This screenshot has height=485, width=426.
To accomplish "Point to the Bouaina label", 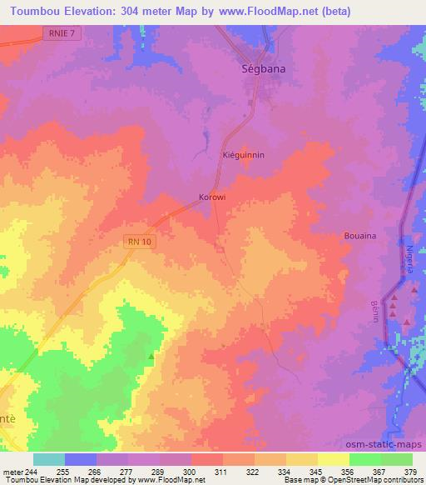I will [x=360, y=236].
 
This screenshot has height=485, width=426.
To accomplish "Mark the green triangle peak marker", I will [x=151, y=356].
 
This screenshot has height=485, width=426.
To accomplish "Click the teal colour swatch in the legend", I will [x=49, y=459].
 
